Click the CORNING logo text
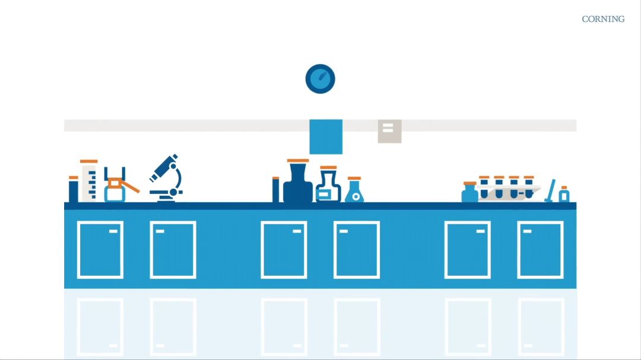603,19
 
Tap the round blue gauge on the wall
320,79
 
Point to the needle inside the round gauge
322,76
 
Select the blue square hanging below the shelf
326,137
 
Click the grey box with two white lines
389,131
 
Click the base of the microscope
166,199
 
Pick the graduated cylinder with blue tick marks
89,181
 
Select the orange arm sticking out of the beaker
131,187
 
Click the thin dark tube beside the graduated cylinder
73,189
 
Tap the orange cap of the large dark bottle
298,161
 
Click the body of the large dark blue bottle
298,183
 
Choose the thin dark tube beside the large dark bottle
275,190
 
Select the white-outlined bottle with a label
328,186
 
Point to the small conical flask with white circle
354,190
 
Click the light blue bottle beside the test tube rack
469,192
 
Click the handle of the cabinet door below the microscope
160,231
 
